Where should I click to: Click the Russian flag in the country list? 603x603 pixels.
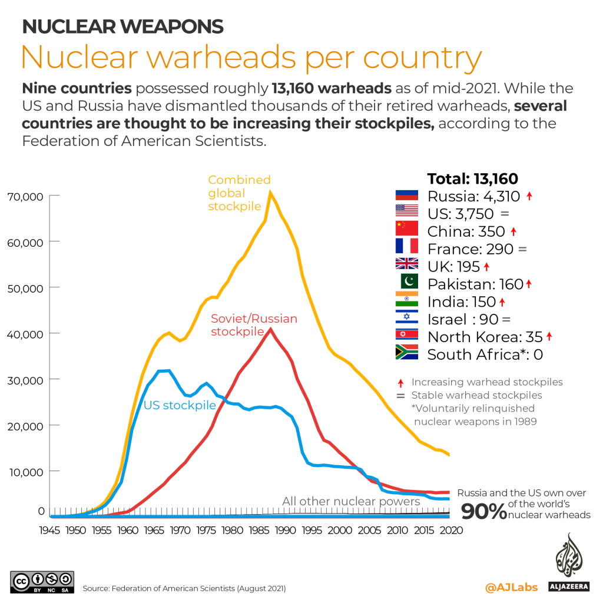click(406, 197)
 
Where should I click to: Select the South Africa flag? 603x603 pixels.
click(406, 353)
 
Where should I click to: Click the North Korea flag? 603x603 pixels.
click(406, 336)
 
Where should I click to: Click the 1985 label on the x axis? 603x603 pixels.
click(259, 530)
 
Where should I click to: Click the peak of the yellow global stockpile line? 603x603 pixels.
click(270, 192)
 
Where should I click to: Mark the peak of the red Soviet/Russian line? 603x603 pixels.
click(270, 329)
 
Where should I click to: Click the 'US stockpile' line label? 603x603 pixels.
click(180, 405)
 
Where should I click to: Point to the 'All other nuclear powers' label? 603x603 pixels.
click(351, 501)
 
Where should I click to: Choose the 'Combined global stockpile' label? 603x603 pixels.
click(239, 193)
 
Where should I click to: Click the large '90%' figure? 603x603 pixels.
click(483, 512)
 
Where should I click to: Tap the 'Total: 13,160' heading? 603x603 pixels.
click(472, 179)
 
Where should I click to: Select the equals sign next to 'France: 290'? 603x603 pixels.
click(522, 249)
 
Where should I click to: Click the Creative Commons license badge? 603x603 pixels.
click(42, 580)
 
